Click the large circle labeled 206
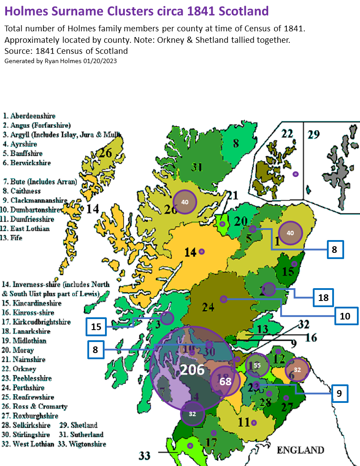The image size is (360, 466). click(x=192, y=369)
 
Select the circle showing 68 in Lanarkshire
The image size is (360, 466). click(x=225, y=381)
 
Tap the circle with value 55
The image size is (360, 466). click(x=257, y=365)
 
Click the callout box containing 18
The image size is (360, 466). click(x=323, y=297)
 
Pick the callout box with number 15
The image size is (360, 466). click(x=96, y=327)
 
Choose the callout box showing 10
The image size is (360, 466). click(x=345, y=316)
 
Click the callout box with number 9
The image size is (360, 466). click(x=339, y=393)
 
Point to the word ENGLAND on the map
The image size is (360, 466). click(x=300, y=450)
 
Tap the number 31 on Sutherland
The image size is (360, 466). click(x=196, y=166)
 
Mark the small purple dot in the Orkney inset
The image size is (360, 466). click(x=296, y=174)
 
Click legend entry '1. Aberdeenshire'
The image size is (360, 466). click(x=29, y=116)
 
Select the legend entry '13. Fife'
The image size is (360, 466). click(x=13, y=238)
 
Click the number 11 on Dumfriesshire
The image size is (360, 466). click(x=244, y=422)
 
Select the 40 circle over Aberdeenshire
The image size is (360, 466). click(x=290, y=233)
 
